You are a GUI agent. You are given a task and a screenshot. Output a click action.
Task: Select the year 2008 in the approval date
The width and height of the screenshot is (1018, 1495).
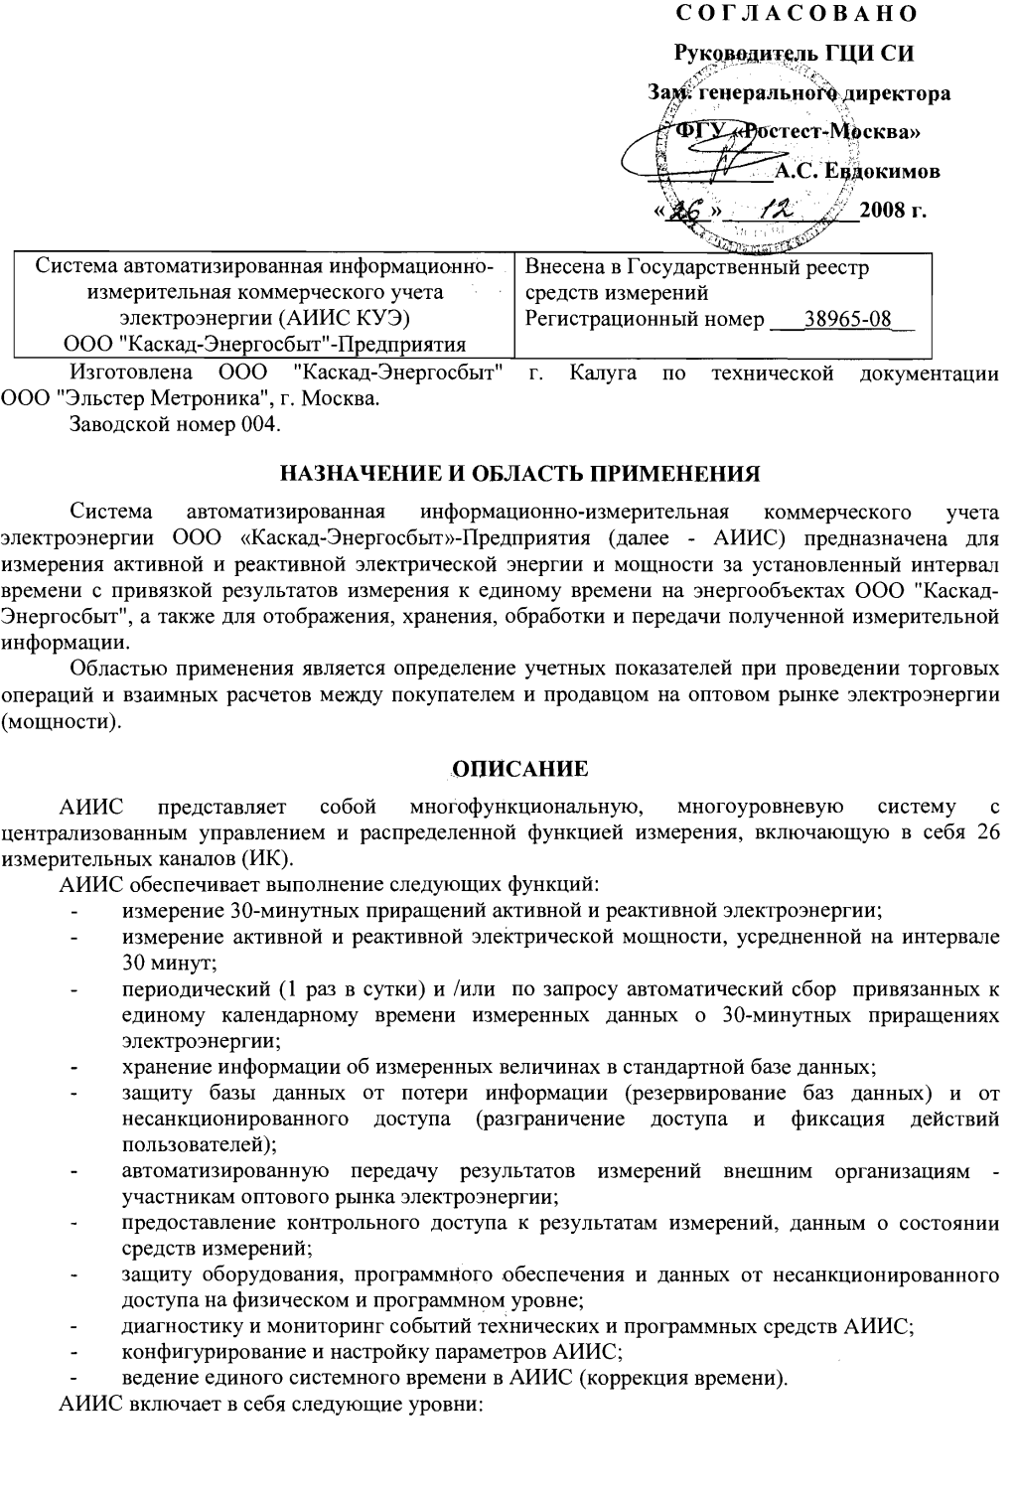pos(883,211)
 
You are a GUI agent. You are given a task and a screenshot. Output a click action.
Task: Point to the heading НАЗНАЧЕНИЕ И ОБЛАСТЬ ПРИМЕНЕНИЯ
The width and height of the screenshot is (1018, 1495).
pos(517,470)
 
